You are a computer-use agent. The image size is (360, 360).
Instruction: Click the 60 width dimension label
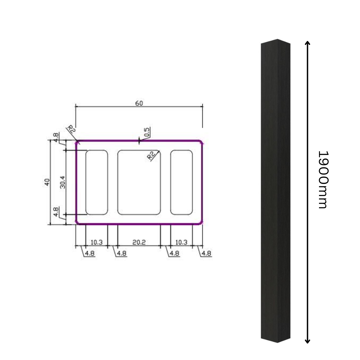[139, 103]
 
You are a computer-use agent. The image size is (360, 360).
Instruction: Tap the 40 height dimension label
[47, 182]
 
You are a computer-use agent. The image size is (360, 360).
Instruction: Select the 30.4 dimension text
[62, 182]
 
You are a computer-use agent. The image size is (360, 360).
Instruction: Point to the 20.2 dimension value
[139, 242]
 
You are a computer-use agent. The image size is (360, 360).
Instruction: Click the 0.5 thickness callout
[147, 132]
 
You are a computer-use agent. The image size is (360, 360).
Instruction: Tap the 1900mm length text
[323, 180]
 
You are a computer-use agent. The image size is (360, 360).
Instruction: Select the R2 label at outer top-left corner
[71, 129]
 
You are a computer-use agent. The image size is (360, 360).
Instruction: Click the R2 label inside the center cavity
[152, 156]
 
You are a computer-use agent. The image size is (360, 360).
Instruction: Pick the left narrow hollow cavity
[97, 182]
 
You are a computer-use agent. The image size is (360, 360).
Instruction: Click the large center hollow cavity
[139, 182]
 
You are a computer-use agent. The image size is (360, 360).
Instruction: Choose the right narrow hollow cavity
[181, 182]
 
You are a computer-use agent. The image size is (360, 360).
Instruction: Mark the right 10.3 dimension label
[182, 242]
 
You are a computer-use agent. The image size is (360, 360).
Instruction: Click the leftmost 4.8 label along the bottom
[90, 253]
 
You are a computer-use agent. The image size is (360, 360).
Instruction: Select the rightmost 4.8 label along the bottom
[206, 253]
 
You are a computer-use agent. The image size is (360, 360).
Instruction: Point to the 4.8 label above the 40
[56, 136]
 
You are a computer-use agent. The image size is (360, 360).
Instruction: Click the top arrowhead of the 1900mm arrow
[308, 43]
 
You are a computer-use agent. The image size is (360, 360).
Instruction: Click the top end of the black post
[276, 42]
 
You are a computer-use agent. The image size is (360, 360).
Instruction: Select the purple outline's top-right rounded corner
[200, 142]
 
